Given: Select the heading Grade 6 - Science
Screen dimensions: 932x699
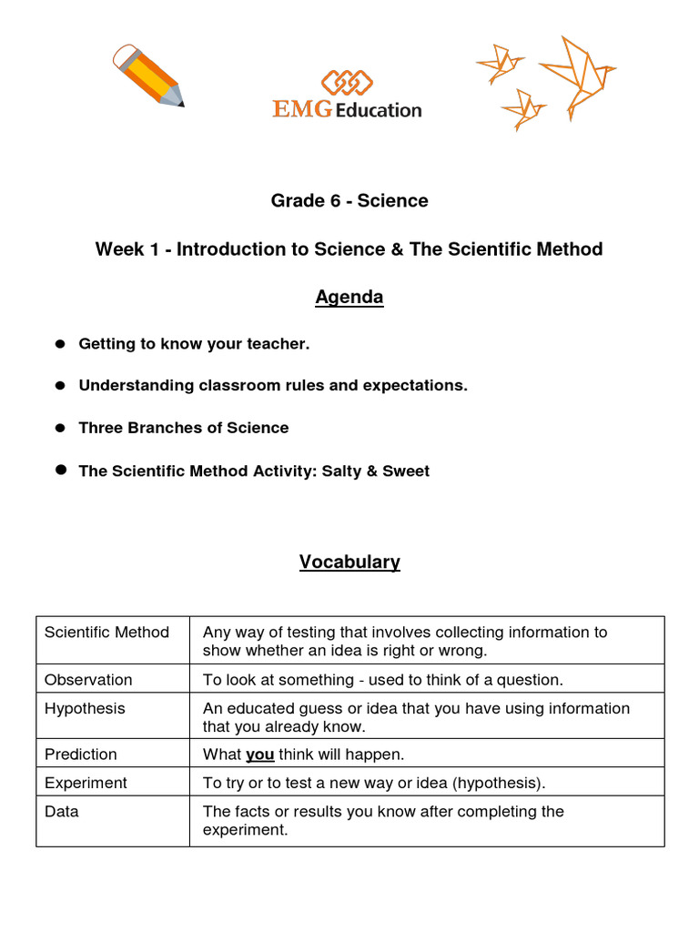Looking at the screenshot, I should [349, 201].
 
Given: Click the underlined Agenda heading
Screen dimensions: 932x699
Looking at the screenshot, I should [349, 298].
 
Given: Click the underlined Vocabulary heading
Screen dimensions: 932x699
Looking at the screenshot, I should [349, 562].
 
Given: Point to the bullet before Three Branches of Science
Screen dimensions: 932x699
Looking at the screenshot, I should [60, 428].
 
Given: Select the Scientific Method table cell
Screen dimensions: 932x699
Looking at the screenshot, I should [106, 633].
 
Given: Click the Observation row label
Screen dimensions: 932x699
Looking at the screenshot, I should [88, 680].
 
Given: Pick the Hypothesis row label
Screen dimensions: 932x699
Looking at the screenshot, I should [85, 708].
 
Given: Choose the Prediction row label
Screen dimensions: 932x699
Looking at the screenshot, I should [81, 755].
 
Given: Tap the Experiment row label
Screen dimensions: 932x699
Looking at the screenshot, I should [86, 783].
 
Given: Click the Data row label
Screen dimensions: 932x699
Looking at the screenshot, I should [61, 811].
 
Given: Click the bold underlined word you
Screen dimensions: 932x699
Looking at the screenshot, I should [260, 755].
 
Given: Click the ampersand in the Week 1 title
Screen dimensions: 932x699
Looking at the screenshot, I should [396, 249].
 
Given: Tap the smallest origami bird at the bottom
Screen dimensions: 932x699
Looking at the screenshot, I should [523, 109].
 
